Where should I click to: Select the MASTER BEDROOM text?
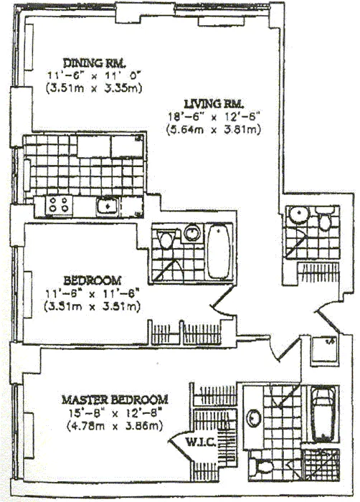click(114, 399)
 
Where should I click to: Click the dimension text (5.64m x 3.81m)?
click(212, 130)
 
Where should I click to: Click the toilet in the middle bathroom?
click(166, 238)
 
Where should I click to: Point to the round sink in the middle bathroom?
click(191, 233)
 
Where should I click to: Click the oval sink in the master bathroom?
click(253, 416)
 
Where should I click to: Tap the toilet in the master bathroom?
click(265, 468)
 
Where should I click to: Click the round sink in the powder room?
click(296, 214)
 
